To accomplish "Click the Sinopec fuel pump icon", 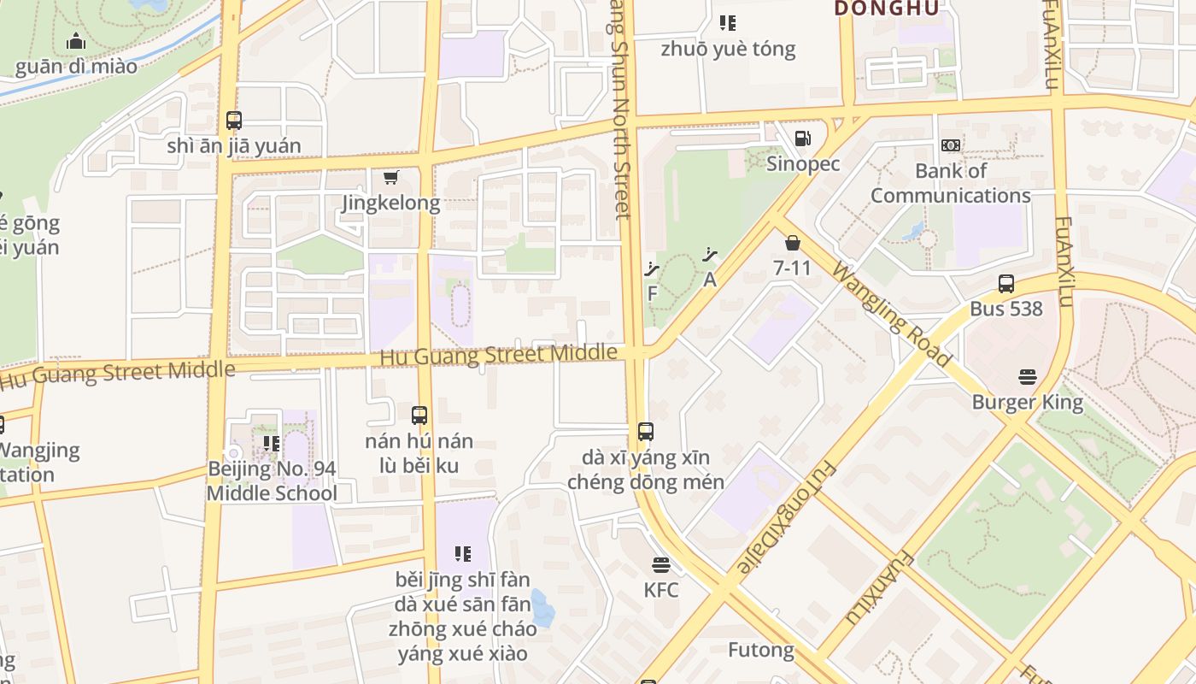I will point(802,138).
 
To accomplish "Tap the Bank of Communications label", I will point(950,183).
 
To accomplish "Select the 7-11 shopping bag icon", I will point(792,243).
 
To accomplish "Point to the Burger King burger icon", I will point(1027,376).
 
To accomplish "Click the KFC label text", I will point(660,590).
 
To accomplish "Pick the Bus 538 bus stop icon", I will point(1006,283).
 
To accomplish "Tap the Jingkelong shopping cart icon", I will point(390,177).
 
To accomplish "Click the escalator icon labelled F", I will point(653,269).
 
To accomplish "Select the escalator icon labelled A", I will point(709,254).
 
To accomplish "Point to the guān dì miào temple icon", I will point(76,41).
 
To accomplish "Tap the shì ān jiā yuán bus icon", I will point(233,121).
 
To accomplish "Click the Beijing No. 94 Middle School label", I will point(272,481).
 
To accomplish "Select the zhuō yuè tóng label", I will point(728,49).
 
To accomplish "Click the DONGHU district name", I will point(886,9).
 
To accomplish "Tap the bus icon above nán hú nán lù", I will point(419,416).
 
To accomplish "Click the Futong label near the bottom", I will point(760,650).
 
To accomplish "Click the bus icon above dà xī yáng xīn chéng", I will point(646,432).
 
